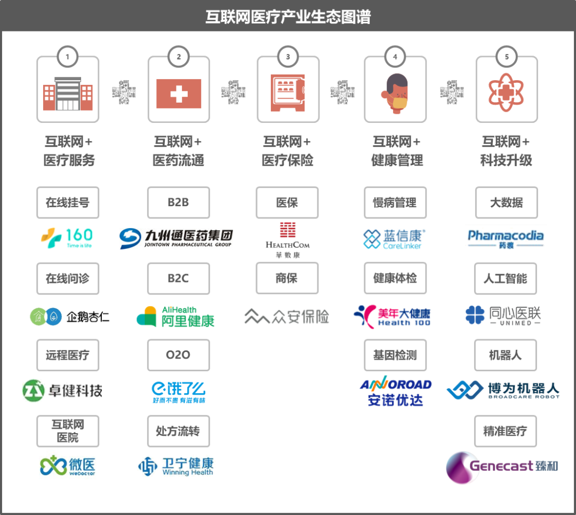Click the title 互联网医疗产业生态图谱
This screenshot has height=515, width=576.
(288, 17)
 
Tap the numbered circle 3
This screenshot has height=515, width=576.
(288, 57)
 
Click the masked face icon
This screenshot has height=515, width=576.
(395, 92)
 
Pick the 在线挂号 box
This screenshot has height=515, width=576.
(68, 202)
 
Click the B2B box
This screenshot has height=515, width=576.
(178, 202)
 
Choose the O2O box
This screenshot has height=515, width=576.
(178, 355)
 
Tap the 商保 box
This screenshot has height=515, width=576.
(287, 278)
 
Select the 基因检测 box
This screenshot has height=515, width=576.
(395, 355)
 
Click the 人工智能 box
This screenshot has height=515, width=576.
(506, 278)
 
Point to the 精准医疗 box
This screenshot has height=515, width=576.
(505, 431)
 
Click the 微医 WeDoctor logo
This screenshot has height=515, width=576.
(68, 466)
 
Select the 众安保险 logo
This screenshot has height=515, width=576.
(287, 316)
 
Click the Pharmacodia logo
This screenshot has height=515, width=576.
(506, 237)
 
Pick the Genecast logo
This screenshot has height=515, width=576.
(502, 467)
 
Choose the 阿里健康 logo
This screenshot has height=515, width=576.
(176, 316)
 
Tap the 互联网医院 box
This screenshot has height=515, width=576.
(68, 431)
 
